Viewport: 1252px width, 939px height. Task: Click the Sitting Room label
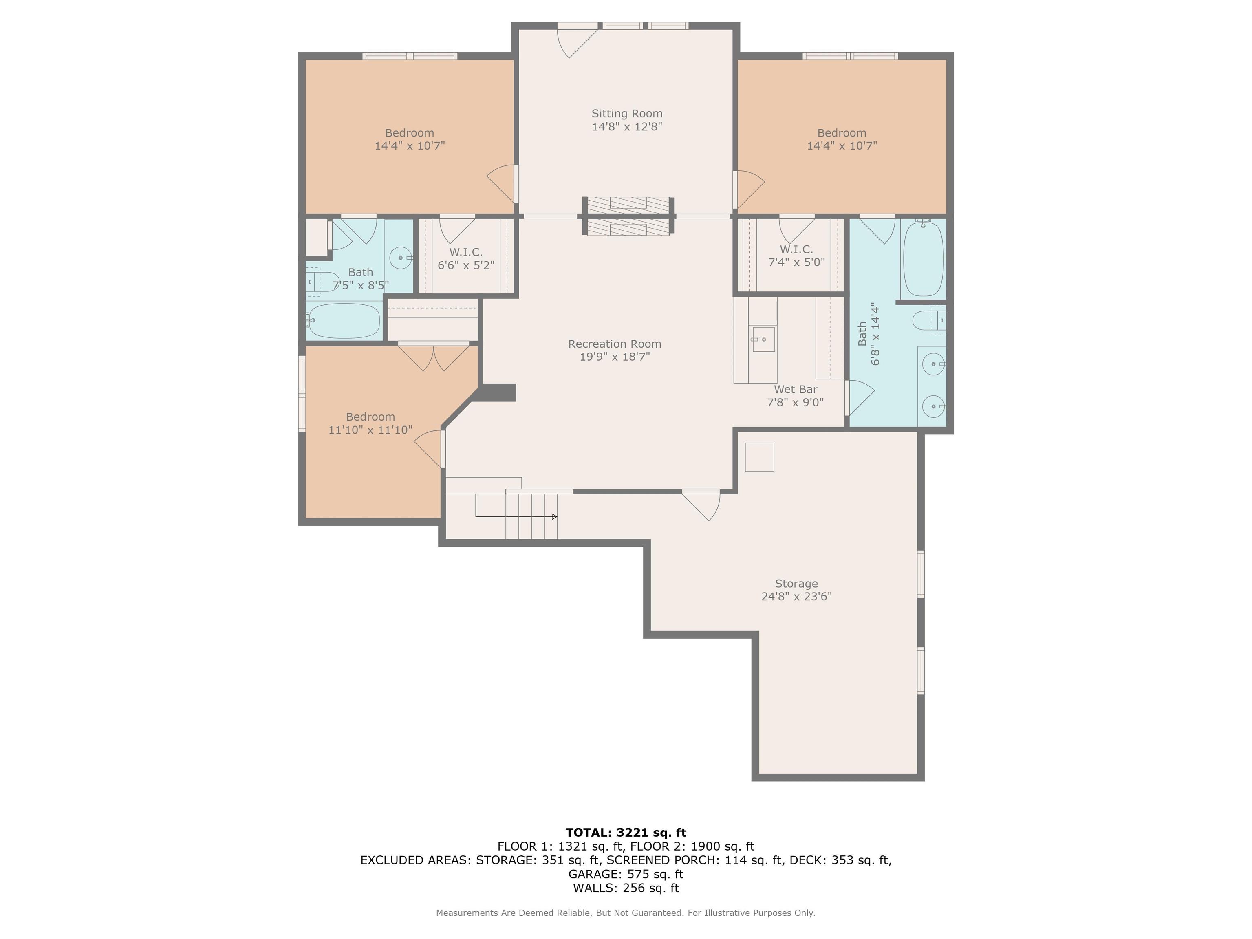coord(626,114)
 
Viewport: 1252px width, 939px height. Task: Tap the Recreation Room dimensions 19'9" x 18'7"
coord(615,357)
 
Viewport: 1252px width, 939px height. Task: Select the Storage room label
coord(796,584)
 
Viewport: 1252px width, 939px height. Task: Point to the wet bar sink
coord(763,339)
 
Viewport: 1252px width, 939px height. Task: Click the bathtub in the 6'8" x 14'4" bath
coord(923,259)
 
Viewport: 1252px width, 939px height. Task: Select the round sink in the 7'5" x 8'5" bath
coord(401,258)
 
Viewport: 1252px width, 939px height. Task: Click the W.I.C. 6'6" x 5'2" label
coord(466,259)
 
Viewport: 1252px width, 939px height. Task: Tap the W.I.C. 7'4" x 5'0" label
coord(796,256)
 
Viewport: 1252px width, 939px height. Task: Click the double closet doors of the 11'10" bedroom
coord(434,357)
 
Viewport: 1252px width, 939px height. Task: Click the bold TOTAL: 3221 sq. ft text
coord(626,833)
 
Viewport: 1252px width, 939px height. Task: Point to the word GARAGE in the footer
coord(591,875)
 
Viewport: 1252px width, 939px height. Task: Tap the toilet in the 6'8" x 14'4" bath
coord(929,321)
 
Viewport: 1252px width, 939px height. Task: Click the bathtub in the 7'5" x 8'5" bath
coord(344,321)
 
